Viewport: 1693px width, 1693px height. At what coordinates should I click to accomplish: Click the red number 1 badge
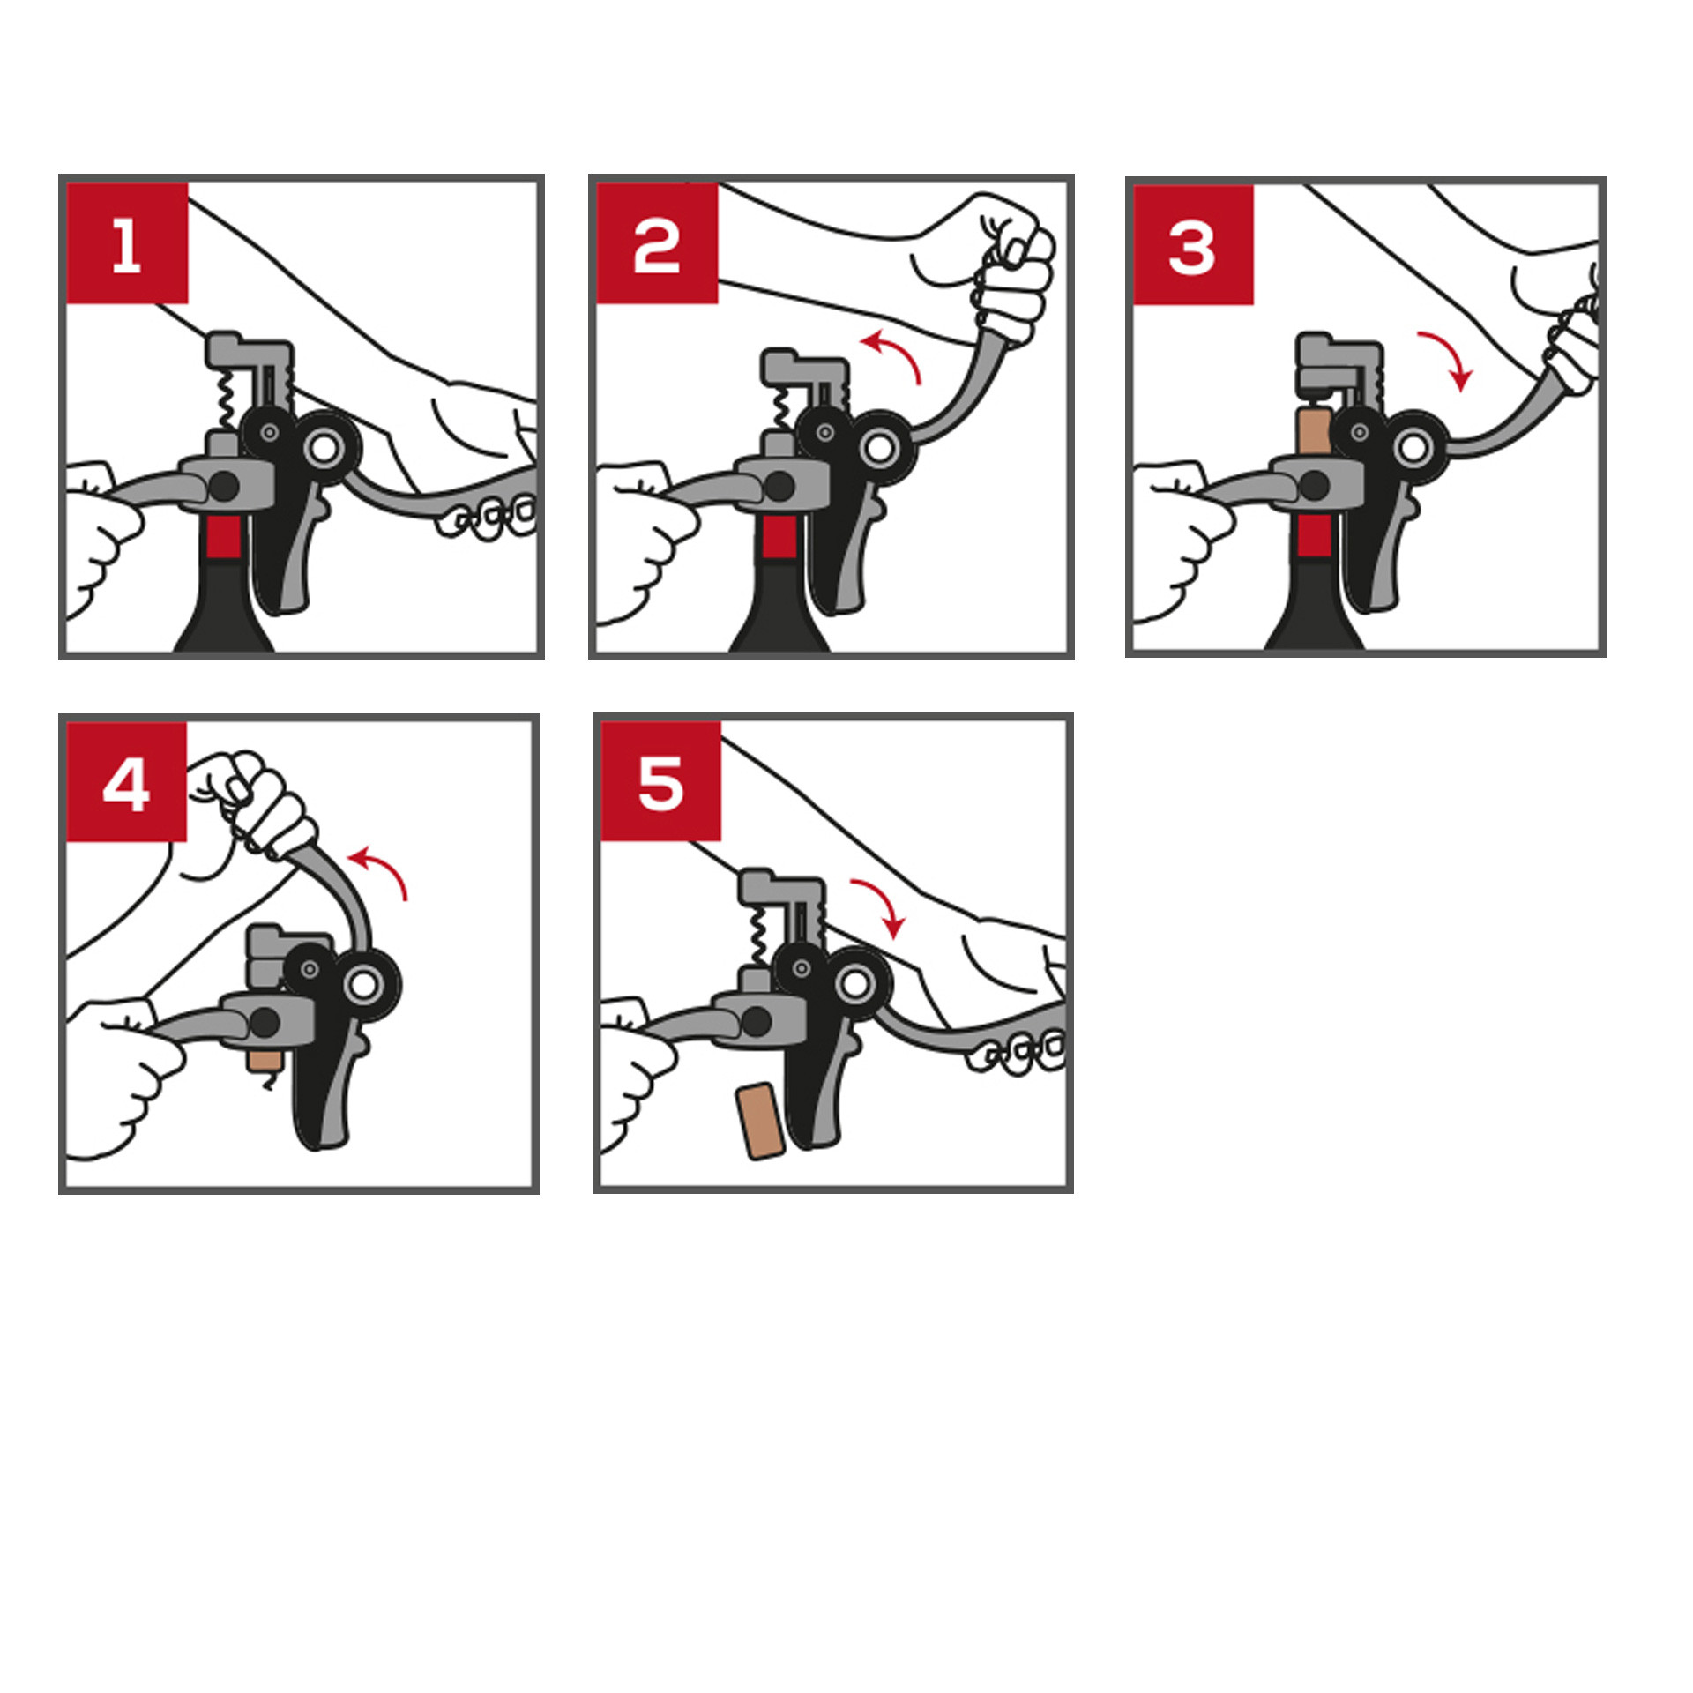click(x=127, y=243)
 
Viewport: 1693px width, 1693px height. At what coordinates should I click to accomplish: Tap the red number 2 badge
click(x=657, y=243)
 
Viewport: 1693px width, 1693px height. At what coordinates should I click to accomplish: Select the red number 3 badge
click(x=1193, y=245)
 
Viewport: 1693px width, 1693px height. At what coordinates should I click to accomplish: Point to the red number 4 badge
click(x=127, y=782)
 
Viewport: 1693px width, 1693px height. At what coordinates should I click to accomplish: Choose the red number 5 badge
click(x=661, y=781)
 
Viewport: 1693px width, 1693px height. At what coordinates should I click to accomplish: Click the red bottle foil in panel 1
click(x=224, y=537)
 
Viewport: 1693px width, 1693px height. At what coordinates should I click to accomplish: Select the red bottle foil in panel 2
click(x=779, y=537)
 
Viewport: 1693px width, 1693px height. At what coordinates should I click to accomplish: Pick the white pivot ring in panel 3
click(x=1413, y=448)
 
